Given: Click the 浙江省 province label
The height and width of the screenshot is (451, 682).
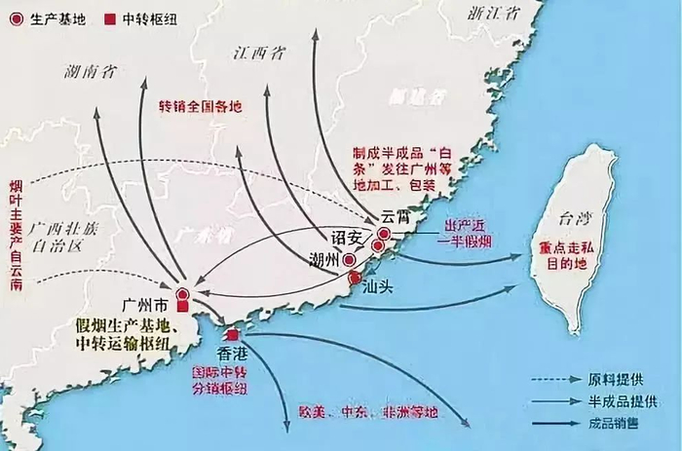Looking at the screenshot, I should point(490,14).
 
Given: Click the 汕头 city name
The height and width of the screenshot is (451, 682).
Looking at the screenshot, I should point(377,288).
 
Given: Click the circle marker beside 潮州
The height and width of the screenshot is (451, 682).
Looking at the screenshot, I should point(349,260).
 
